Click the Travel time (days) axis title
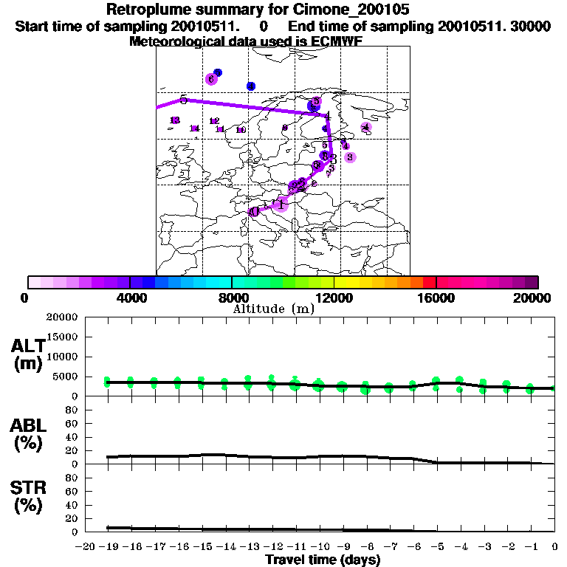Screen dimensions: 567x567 pos(323,560)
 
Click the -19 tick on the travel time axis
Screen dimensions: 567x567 pos(108,547)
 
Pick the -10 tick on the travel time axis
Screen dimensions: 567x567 pos(319,547)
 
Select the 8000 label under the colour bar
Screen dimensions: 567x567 pos(232,298)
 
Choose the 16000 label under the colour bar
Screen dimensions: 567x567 pos(436,298)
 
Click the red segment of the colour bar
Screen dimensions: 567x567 pos(428,282)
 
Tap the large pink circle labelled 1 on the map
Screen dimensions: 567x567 pos(280,204)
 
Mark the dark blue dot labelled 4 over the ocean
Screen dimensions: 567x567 pos(251,86)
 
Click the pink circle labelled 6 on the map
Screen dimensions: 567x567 pos(211,79)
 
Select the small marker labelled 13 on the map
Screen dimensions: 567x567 pos(175,120)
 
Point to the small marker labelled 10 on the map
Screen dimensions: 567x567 pos(241,130)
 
